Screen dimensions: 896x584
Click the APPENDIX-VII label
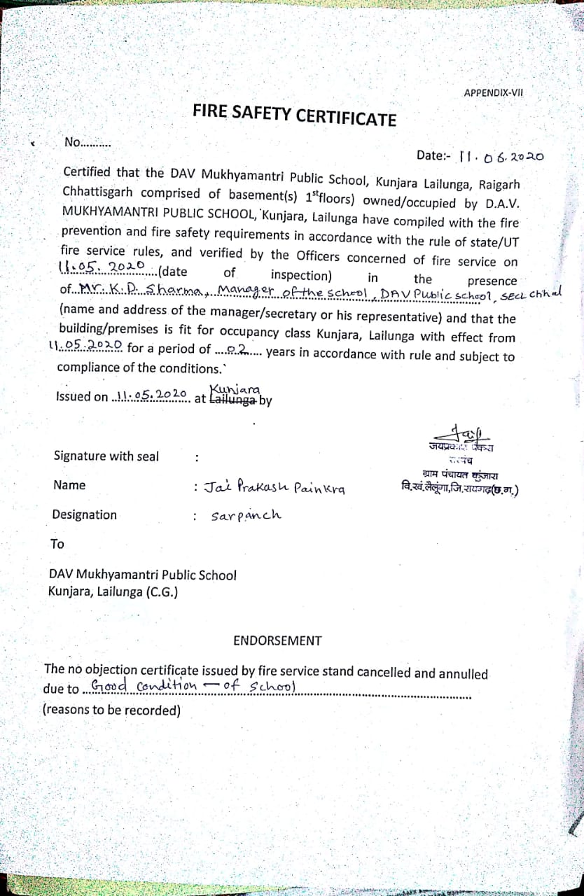(493, 92)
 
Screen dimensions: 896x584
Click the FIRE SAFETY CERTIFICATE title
(294, 115)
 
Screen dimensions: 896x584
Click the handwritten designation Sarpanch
(246, 515)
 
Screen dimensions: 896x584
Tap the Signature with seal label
(106, 456)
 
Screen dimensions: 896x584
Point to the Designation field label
(84, 514)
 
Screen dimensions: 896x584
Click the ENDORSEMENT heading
(277, 640)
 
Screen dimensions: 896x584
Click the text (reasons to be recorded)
(112, 710)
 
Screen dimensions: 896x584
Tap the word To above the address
(57, 544)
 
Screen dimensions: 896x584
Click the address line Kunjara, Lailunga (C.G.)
(113, 591)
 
